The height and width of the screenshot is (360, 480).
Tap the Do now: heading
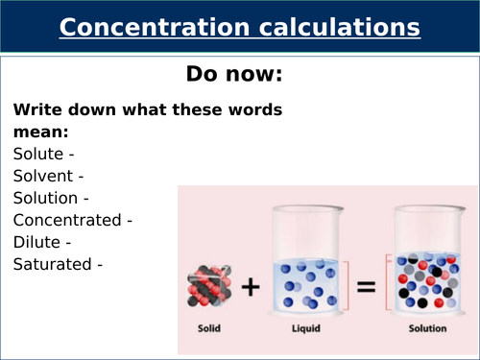239,74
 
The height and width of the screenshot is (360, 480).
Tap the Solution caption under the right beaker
426,329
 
